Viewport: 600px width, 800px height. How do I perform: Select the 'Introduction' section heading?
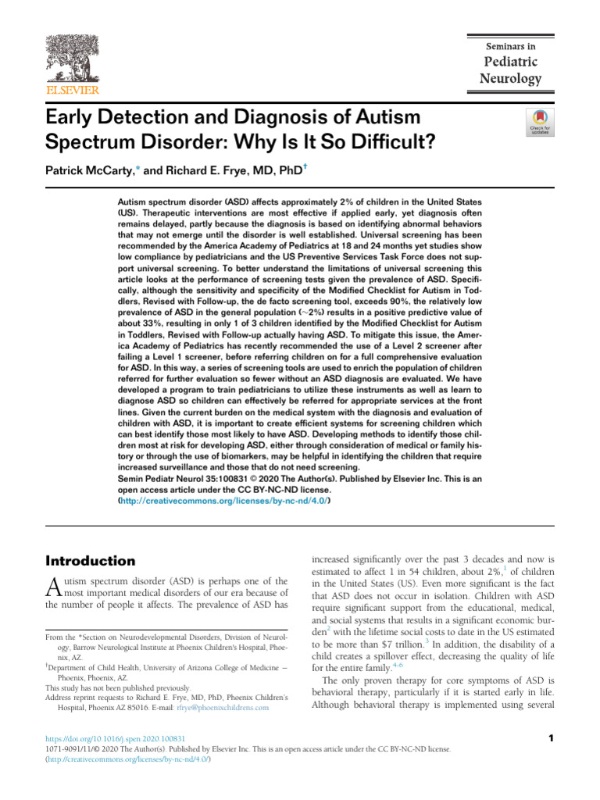tap(91, 561)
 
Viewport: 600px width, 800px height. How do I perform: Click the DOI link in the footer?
tap(116, 738)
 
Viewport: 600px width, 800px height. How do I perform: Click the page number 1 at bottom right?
tap(551, 738)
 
